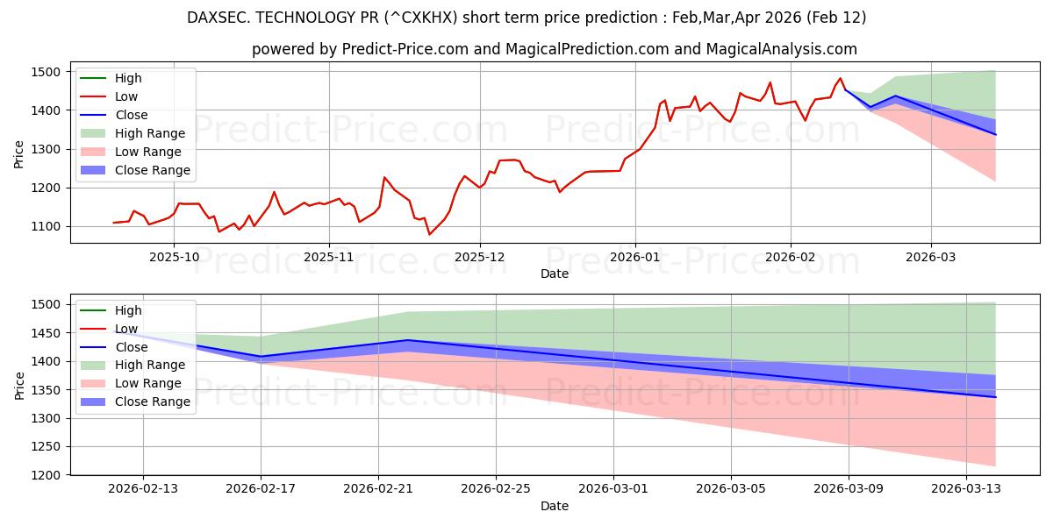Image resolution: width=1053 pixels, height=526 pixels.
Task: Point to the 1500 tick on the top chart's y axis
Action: (50, 72)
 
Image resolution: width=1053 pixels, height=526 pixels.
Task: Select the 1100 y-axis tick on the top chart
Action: (50, 226)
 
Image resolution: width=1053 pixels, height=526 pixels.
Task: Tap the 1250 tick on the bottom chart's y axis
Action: (50, 447)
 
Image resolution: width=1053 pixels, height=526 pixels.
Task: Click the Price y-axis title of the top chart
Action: (19, 154)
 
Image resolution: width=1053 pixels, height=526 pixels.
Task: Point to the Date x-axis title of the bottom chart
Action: (554, 506)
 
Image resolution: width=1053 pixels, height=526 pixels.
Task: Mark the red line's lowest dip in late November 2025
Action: (429, 234)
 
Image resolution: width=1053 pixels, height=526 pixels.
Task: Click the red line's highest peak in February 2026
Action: (840, 78)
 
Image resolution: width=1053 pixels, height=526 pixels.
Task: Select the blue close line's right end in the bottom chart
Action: (995, 397)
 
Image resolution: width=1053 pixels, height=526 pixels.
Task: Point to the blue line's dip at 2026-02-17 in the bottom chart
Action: (261, 357)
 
